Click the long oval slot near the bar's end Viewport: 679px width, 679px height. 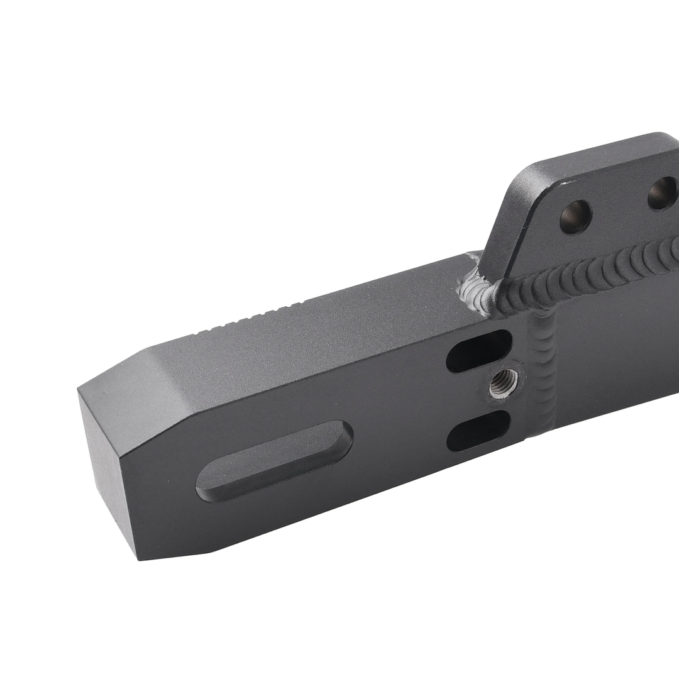pos(275,461)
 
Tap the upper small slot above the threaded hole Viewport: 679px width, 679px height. pos(478,351)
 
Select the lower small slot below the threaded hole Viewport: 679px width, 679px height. pos(478,431)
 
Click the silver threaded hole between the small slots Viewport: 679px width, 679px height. pos(504,382)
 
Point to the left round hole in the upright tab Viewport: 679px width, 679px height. pos(575,217)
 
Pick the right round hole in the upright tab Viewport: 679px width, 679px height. pos(662,193)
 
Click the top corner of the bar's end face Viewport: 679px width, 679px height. pos(79,390)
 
